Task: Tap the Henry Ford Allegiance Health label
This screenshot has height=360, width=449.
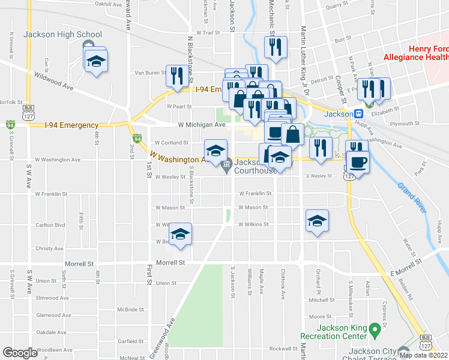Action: coord(428,53)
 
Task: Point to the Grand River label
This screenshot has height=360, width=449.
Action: coord(412,197)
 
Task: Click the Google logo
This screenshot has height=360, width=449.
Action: coord(20,353)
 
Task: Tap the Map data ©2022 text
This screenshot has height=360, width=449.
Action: coord(423,355)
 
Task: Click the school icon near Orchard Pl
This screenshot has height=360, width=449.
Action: coord(317,220)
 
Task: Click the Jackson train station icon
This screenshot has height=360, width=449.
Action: coord(358,113)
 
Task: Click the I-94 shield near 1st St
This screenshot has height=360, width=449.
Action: coord(137,139)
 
